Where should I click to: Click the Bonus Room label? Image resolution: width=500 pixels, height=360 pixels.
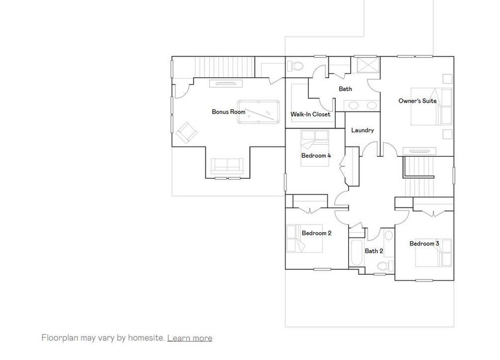(x=228, y=112)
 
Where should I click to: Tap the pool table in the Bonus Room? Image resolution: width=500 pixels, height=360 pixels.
(x=258, y=112)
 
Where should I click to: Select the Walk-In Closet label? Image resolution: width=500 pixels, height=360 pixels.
(x=311, y=114)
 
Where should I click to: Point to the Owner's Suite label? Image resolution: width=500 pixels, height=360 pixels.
(x=417, y=101)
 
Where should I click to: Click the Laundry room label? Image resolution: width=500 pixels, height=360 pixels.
(x=363, y=130)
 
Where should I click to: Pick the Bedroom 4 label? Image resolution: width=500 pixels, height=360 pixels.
(x=316, y=156)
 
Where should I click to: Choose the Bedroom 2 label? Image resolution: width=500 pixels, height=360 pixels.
(x=317, y=233)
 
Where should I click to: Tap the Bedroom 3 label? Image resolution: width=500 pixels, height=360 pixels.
(x=424, y=244)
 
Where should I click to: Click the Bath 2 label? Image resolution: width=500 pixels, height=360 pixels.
(x=374, y=251)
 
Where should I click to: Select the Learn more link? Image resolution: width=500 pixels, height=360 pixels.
(x=189, y=338)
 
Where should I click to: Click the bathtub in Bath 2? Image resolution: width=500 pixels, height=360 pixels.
(x=354, y=254)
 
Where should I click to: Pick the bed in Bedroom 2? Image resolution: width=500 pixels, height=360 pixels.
(x=297, y=238)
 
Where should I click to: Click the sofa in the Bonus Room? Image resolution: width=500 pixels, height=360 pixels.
(x=227, y=166)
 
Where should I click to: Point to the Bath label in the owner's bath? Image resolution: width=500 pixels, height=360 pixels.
(x=345, y=89)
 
